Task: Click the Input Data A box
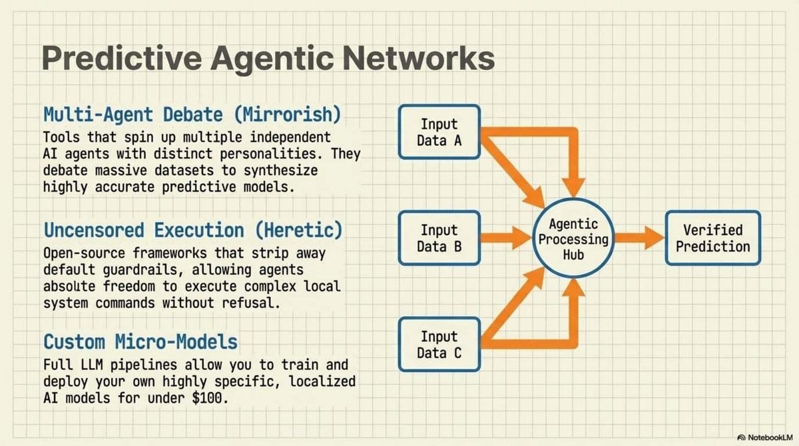pos(439,132)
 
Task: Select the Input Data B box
pos(439,238)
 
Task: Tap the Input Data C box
pos(439,345)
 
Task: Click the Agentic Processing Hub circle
pos(574,239)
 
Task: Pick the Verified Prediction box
pos(712,238)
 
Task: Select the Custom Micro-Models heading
pos(140,342)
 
